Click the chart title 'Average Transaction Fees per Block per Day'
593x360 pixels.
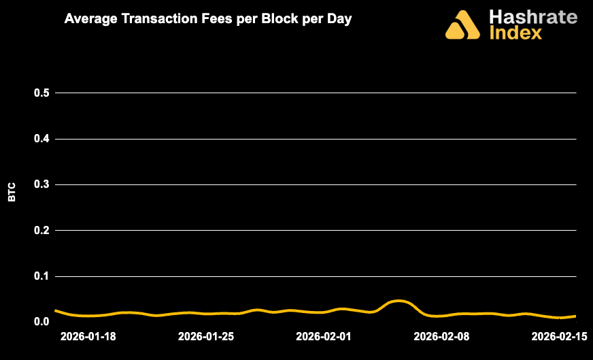pos(207,20)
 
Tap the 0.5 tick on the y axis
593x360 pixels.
pos(42,93)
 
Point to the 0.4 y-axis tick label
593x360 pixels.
pos(42,139)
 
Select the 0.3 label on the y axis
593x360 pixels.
pos(42,185)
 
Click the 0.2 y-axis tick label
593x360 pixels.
pos(42,231)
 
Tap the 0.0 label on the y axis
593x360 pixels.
pos(42,322)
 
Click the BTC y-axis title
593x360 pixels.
pos(12,193)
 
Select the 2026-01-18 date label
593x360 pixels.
pos(87,336)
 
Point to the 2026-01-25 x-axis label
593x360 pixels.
pos(205,336)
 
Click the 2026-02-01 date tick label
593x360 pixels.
pos(324,336)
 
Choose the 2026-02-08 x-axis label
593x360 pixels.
pos(442,336)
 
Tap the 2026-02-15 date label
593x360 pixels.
pos(560,336)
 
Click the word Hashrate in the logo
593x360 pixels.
pos(532,16)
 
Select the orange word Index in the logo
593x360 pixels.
pos(515,32)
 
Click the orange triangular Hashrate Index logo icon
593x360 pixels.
pos(462,25)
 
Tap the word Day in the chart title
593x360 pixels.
pos(339,20)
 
